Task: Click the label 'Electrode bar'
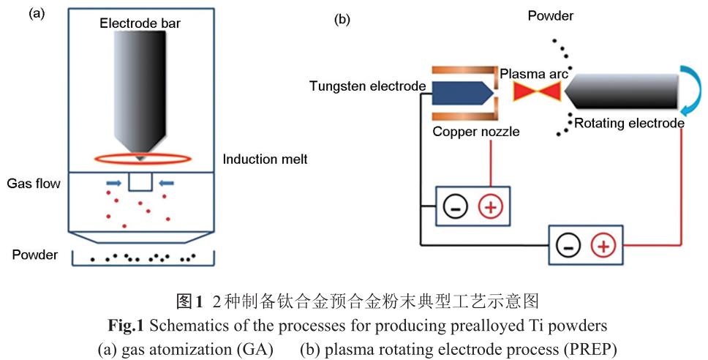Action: tap(140, 23)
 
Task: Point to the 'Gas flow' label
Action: tap(34, 183)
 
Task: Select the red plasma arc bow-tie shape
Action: tap(536, 93)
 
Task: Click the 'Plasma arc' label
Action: tap(533, 75)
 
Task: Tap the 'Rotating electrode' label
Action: tap(628, 123)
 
